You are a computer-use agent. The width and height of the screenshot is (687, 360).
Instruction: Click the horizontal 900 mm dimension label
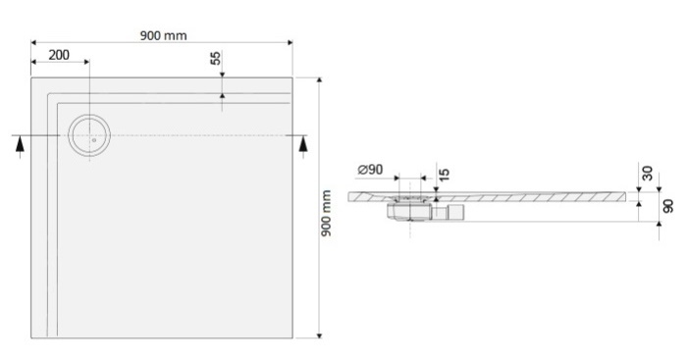click(164, 35)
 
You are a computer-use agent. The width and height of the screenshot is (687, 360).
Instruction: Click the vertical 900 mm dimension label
click(327, 213)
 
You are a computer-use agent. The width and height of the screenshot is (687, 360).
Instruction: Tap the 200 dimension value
click(59, 55)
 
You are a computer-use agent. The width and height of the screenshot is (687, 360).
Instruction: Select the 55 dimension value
click(216, 58)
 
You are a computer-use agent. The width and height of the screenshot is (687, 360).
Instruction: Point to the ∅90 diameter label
click(370, 170)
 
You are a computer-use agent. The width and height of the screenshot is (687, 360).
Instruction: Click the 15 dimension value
click(445, 174)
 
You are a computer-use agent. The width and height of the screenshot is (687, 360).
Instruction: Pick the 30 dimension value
click(647, 174)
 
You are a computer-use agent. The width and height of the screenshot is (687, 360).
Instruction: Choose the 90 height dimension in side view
click(668, 206)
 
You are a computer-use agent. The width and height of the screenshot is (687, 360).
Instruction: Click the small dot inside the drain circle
click(94, 140)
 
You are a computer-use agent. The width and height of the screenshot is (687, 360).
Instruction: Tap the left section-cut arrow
click(20, 144)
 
